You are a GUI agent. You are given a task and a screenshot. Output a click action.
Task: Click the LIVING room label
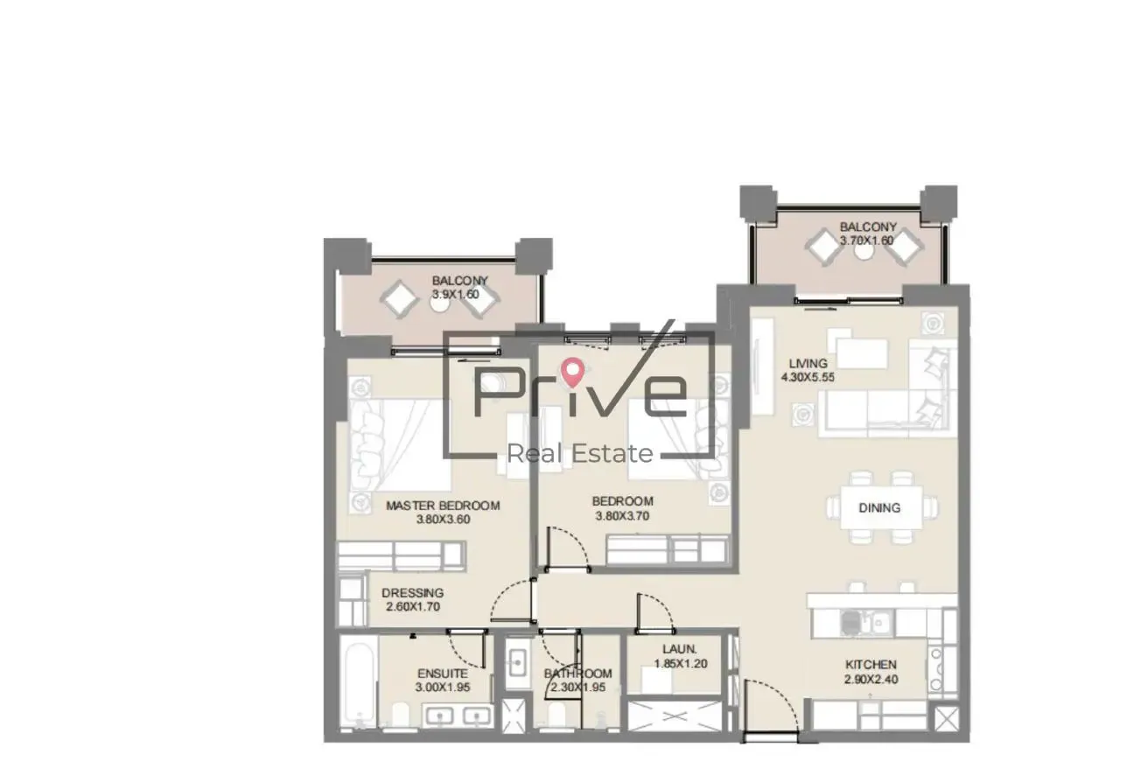click(808, 363)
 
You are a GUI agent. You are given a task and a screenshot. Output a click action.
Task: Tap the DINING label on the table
click(879, 508)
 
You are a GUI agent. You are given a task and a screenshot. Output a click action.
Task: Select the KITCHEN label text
click(871, 665)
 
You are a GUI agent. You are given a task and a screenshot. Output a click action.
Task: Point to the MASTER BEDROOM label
click(443, 506)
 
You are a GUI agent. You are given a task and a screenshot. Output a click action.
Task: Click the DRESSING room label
click(413, 593)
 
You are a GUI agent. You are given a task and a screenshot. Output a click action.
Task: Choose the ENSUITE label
click(442, 674)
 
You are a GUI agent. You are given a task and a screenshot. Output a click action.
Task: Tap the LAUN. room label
click(680, 649)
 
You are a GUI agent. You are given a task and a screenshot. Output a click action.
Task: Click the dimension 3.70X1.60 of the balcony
click(866, 241)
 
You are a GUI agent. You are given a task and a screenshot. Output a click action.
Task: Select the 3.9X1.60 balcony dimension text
click(456, 294)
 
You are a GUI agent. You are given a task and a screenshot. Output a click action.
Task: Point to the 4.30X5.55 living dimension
click(808, 378)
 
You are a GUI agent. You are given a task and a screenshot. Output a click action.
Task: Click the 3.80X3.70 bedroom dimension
click(622, 516)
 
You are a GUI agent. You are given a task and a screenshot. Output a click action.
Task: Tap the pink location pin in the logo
click(572, 372)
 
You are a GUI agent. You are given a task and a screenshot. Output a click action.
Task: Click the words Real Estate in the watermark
click(580, 453)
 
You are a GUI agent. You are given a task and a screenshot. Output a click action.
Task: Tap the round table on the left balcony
click(440, 304)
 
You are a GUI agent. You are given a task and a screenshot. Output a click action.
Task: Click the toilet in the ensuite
click(400, 714)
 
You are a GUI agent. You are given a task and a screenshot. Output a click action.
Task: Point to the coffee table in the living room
click(862, 353)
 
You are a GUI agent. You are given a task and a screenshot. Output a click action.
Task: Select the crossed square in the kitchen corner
click(946, 718)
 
